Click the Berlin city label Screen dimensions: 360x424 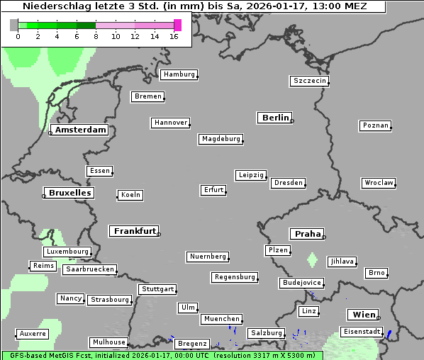click(x=275, y=118)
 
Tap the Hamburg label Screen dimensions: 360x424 click(x=179, y=74)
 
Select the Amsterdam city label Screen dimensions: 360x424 click(x=80, y=130)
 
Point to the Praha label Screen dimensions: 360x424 click(x=308, y=234)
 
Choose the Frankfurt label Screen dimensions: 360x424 click(x=135, y=231)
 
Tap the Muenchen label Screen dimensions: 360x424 click(x=221, y=320)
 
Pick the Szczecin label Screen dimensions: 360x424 click(x=310, y=81)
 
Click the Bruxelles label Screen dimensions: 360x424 click(x=69, y=193)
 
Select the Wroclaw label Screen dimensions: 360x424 click(x=379, y=183)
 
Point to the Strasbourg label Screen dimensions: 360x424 click(x=110, y=300)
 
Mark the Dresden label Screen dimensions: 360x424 click(x=289, y=183)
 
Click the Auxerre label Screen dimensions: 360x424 click(x=33, y=333)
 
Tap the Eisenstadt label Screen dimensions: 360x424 click(x=362, y=332)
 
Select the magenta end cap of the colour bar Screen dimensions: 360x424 click(x=177, y=25)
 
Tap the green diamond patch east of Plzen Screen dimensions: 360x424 click(x=312, y=260)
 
